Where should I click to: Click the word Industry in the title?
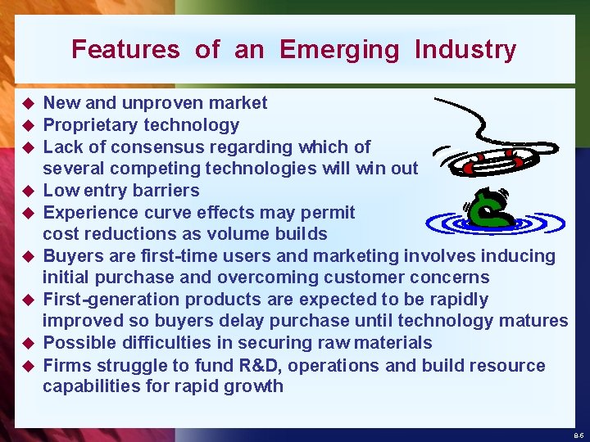(x=465, y=50)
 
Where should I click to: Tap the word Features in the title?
(x=125, y=50)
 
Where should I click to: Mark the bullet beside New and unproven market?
(x=26, y=104)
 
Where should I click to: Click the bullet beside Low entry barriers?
(x=26, y=192)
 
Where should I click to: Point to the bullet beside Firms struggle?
(x=26, y=366)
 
